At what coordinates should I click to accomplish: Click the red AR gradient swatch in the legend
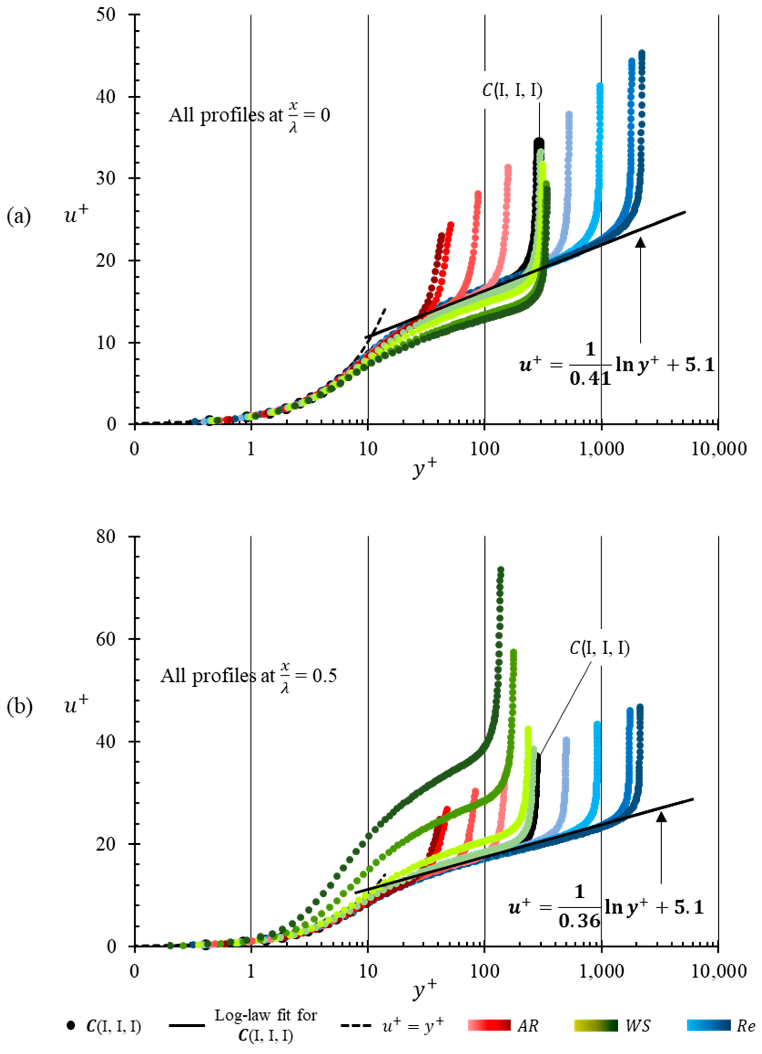click(x=489, y=1026)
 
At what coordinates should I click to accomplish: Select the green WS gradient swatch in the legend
click(x=596, y=1026)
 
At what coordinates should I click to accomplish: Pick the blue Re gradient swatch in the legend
click(x=709, y=1026)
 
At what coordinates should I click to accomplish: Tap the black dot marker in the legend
click(x=70, y=1026)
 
